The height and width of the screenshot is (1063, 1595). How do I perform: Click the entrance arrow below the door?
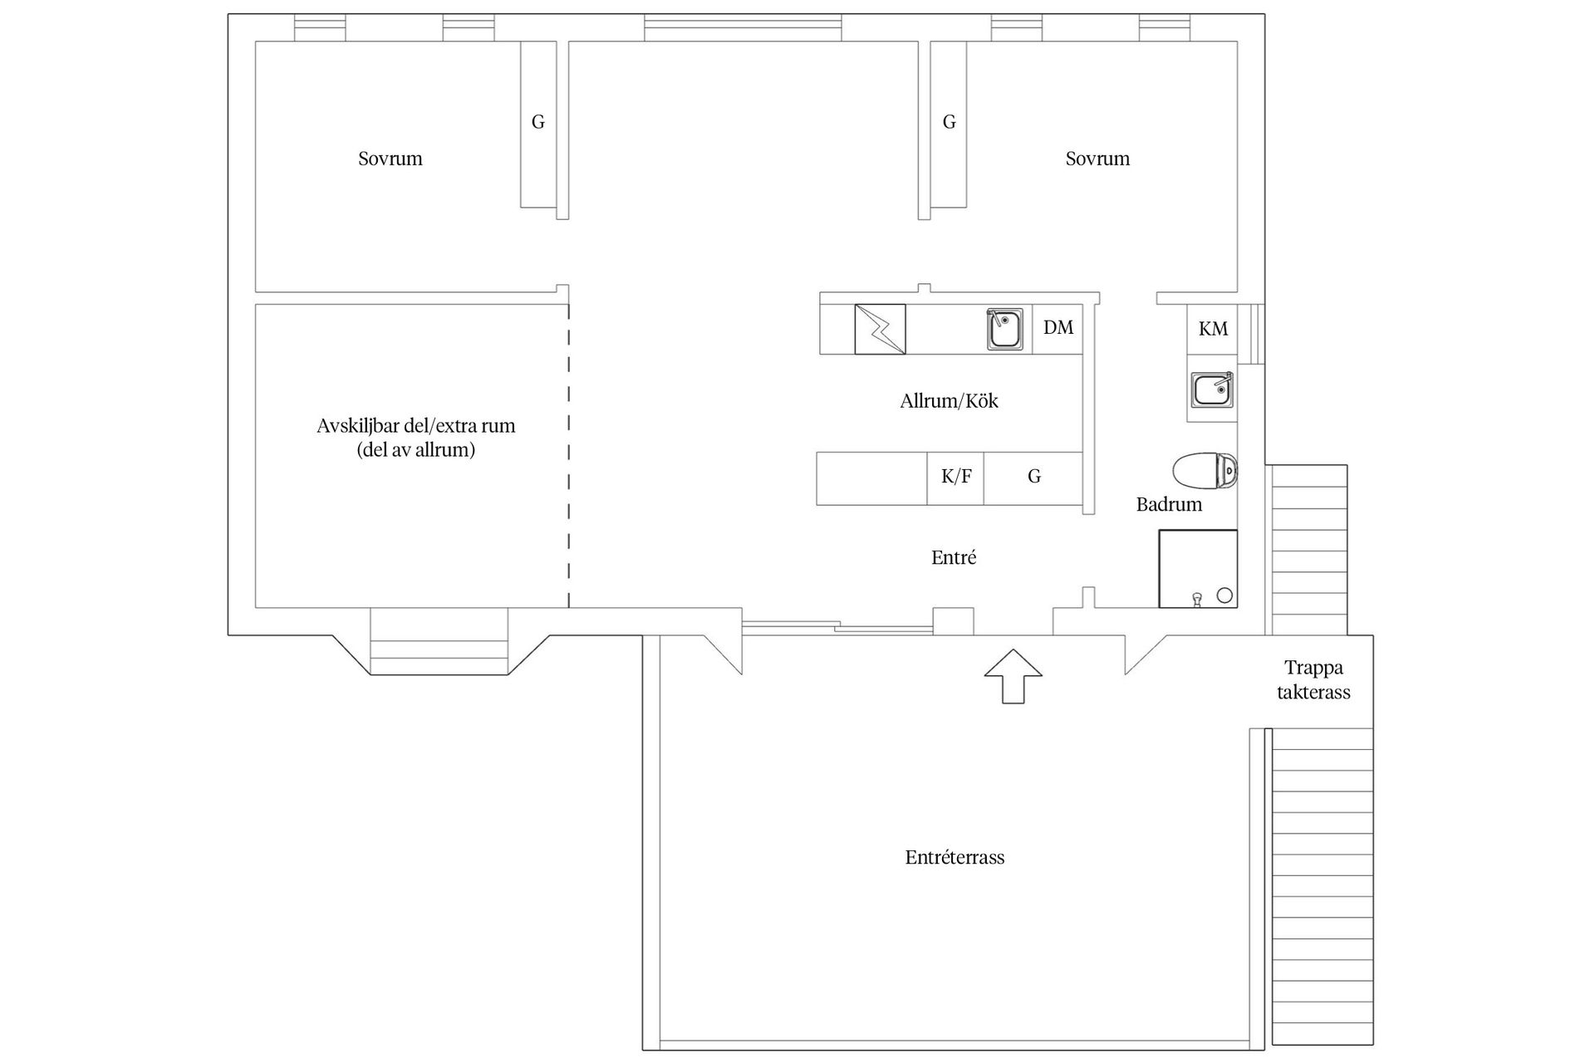pyautogui.click(x=1013, y=676)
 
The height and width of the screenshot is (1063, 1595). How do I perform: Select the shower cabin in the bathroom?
pyautogui.click(x=1197, y=569)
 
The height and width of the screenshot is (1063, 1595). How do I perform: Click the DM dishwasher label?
pyautogui.click(x=1058, y=328)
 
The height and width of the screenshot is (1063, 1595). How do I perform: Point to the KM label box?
pyautogui.click(x=1212, y=329)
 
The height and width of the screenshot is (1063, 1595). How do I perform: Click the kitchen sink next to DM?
pyautogui.click(x=1004, y=330)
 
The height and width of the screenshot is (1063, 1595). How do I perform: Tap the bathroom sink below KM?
pyautogui.click(x=1211, y=389)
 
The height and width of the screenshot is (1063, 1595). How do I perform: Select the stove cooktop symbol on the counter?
pyautogui.click(x=880, y=330)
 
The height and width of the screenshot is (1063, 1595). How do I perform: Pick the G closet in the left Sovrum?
pyautogui.click(x=537, y=123)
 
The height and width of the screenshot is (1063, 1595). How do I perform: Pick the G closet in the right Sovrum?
pyautogui.click(x=949, y=123)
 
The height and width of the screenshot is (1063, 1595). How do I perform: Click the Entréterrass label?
pyautogui.click(x=955, y=858)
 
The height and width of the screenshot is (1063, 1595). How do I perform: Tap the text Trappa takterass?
pyautogui.click(x=1313, y=680)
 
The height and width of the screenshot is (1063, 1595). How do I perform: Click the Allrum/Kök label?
pyautogui.click(x=949, y=401)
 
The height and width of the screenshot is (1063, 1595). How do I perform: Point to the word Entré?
pyautogui.click(x=953, y=558)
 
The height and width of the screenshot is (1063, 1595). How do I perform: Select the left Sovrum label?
pyautogui.click(x=390, y=159)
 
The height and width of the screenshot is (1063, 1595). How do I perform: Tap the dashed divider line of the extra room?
pyautogui.click(x=569, y=457)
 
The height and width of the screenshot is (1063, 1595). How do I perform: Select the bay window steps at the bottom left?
pyautogui.click(x=438, y=656)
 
